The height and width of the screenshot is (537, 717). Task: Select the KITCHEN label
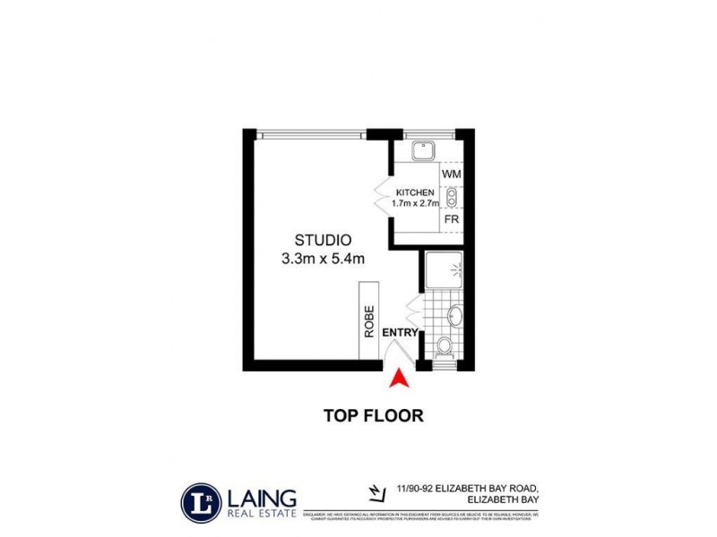[414, 192]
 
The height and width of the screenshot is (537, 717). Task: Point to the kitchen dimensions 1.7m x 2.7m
[414, 204]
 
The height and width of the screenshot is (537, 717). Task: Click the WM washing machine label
[451, 173]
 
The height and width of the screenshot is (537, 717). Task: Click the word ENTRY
[401, 333]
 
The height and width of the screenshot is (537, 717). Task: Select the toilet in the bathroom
[443, 346]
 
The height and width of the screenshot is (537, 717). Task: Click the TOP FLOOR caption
[372, 415]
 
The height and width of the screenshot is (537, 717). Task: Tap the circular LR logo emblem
[197, 500]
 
